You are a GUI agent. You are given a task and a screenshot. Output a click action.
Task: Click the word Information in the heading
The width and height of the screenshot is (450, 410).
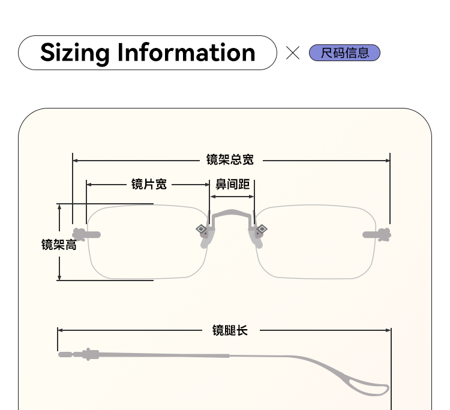187,53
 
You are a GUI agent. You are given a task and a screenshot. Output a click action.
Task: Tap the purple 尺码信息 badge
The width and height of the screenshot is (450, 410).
344,53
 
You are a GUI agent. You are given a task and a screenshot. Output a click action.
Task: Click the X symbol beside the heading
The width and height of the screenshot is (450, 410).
293,53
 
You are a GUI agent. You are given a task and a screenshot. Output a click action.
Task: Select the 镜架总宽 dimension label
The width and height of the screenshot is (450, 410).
230,159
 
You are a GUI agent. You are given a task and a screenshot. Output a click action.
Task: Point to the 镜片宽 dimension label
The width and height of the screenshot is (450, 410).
149,184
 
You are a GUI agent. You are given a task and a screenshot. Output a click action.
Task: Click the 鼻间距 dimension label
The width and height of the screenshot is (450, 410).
232,184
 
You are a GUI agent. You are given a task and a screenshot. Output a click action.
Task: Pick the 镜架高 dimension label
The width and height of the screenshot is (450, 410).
59,245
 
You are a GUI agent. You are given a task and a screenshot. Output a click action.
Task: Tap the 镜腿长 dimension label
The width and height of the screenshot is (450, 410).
230,330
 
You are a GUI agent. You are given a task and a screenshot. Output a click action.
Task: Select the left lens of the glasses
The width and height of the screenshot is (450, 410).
148,242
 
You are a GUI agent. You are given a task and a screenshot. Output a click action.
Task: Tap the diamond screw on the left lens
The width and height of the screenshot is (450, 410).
201,228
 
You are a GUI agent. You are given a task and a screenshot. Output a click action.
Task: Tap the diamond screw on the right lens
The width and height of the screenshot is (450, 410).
262,228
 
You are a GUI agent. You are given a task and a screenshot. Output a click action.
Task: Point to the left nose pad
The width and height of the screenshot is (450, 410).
206,240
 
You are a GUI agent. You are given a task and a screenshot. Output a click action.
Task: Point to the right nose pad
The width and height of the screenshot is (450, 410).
257,240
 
